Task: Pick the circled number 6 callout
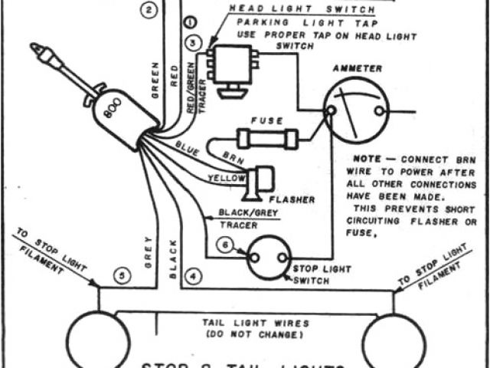[224, 245]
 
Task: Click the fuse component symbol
[267, 140]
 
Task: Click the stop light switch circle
[269, 256]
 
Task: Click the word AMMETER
[356, 69]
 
